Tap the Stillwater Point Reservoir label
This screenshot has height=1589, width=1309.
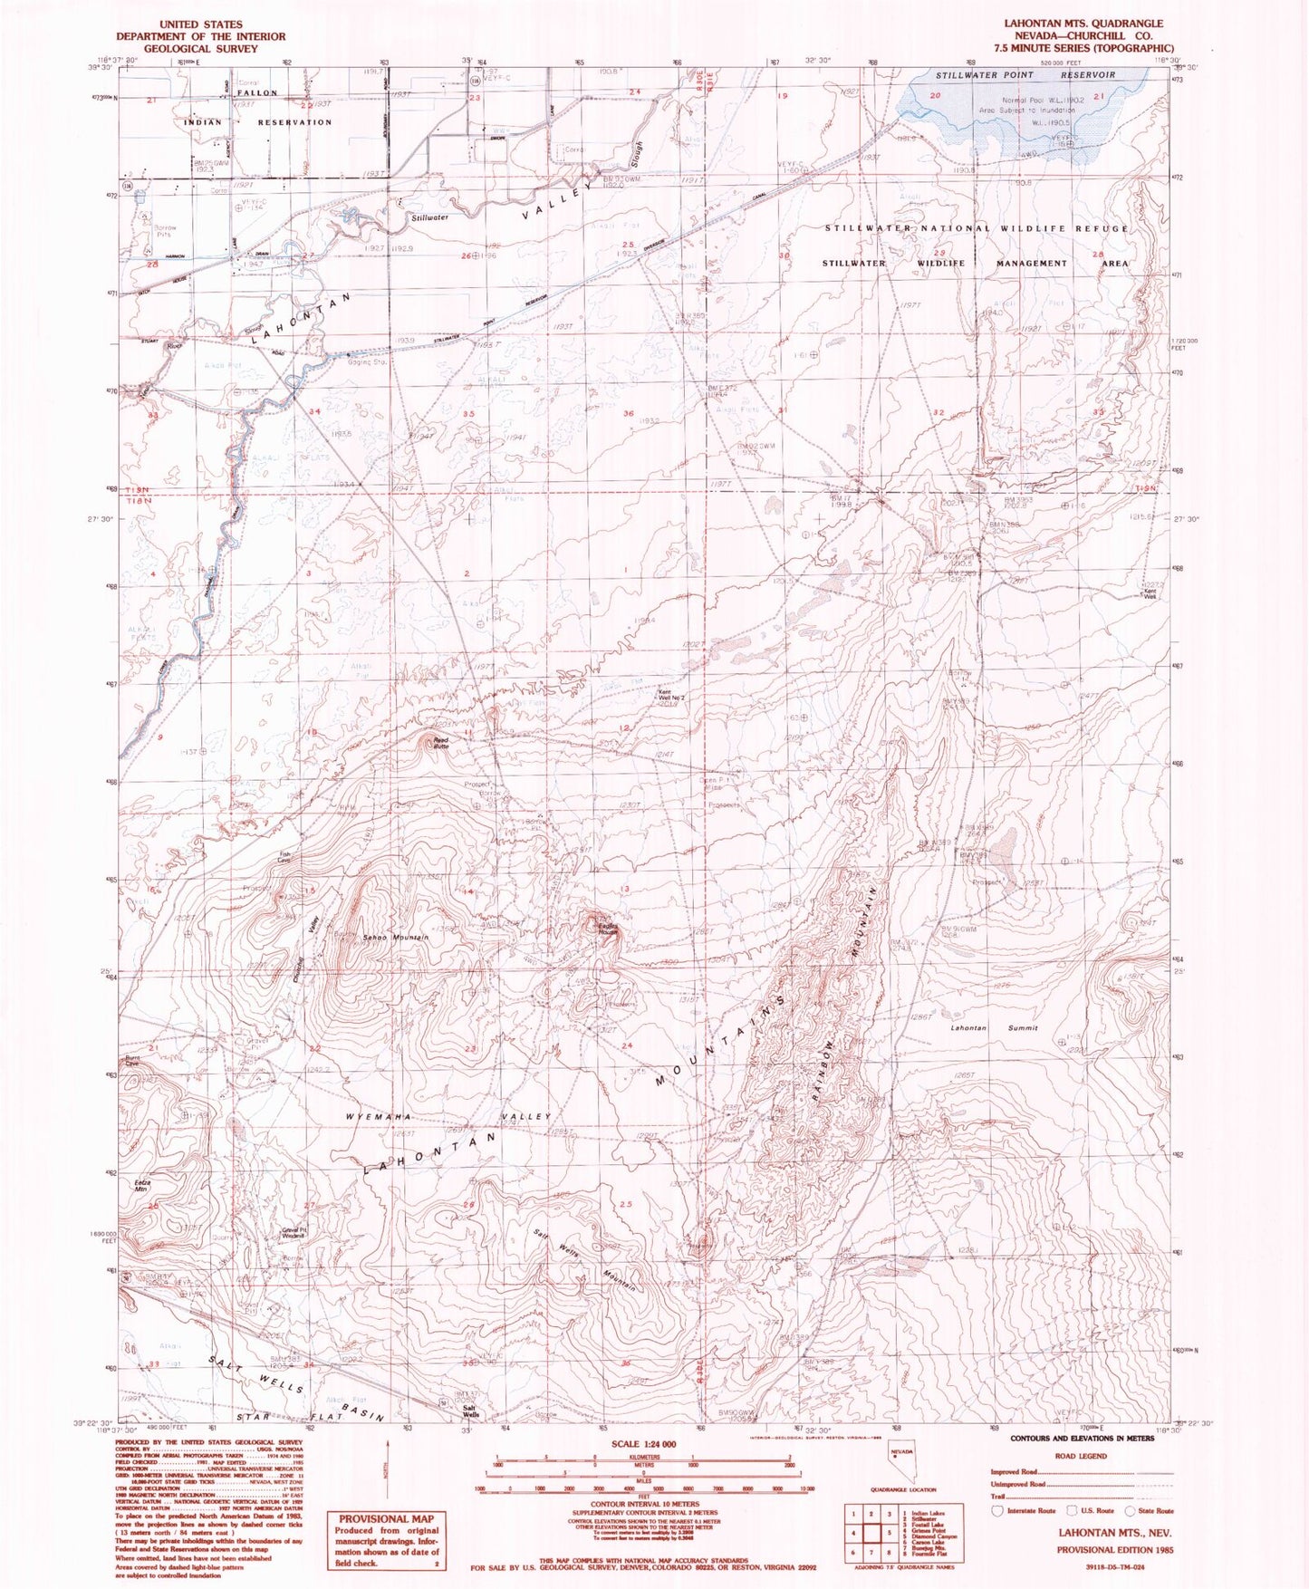tap(1025, 75)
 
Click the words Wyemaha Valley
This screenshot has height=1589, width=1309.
tap(450, 1117)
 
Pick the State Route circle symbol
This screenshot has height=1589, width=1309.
tap(1130, 1510)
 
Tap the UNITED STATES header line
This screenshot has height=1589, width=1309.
tap(200, 24)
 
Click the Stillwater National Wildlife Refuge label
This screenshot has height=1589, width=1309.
tap(977, 228)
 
